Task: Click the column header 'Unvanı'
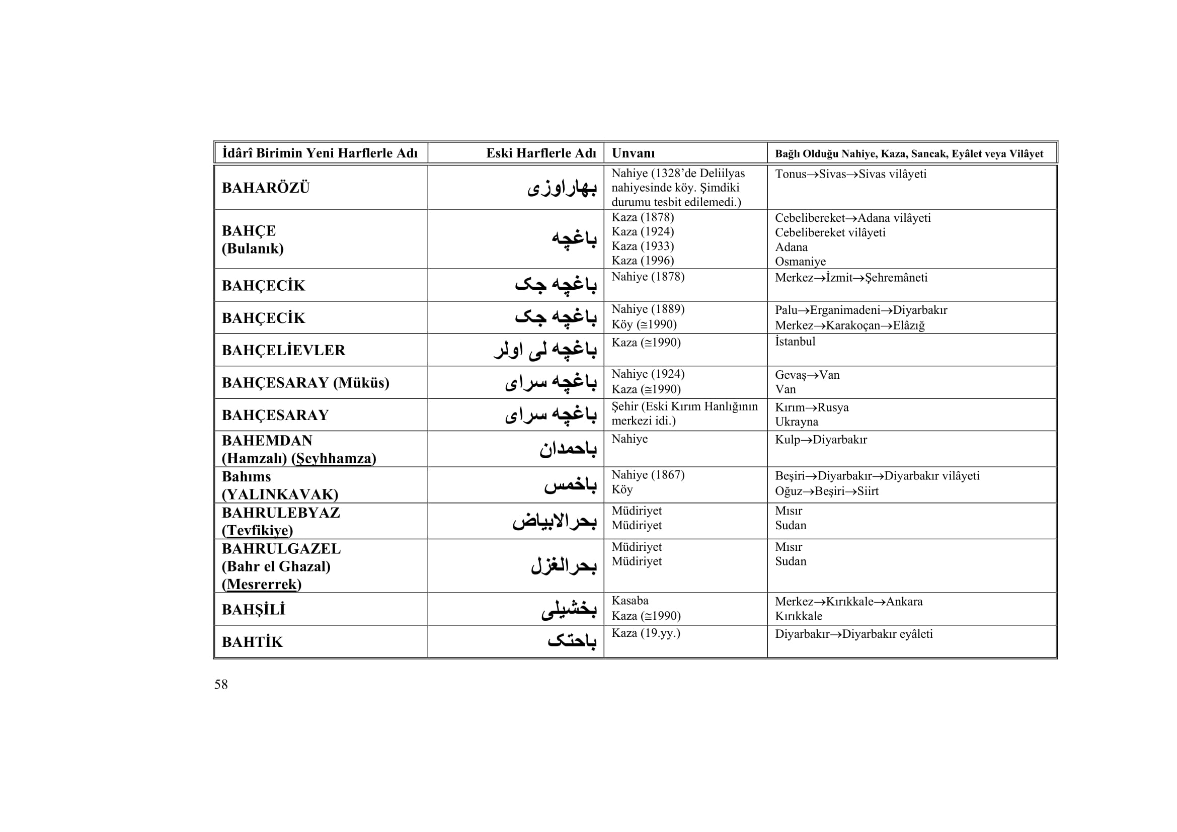633,153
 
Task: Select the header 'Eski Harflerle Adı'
541,153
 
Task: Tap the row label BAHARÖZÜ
266,188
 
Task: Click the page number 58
221,685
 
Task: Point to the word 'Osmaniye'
800,261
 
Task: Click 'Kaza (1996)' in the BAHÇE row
642,260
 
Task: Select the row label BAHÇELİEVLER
283,351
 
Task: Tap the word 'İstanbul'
795,341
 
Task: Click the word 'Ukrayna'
796,422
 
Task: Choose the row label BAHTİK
252,642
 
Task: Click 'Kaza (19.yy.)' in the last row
646,633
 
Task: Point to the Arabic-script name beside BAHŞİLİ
569,610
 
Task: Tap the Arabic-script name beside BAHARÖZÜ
562,188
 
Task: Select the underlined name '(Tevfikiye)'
257,530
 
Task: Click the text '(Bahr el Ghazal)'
276,566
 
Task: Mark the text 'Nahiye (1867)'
648,475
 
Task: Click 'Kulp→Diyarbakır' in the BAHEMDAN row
821,440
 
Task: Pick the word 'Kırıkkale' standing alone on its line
798,616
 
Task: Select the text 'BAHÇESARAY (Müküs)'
305,383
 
